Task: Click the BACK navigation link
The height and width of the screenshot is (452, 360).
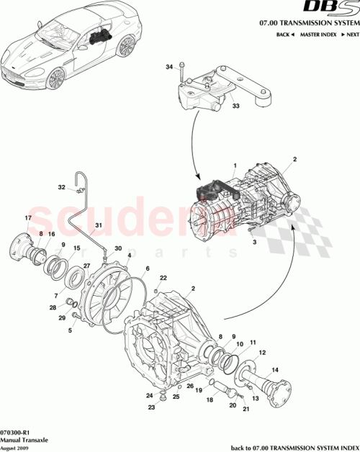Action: point(286,35)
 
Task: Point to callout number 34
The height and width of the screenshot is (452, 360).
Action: point(169,67)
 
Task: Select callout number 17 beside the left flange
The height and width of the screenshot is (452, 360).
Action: point(28,218)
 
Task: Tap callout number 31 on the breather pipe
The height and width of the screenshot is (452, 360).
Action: point(99,225)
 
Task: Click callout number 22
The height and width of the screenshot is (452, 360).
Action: point(163,278)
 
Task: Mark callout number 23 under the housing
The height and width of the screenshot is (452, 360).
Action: point(152,408)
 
